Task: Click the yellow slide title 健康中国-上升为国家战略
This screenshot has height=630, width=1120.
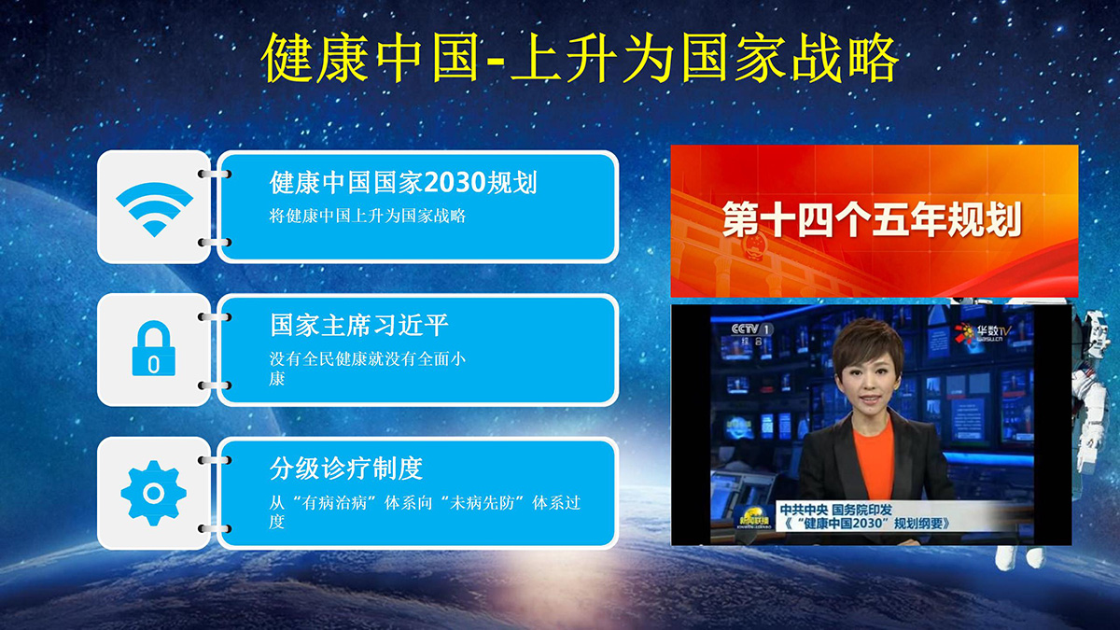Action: point(580,58)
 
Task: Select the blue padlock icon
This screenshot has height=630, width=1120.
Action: point(153,348)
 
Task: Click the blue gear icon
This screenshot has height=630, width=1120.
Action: point(153,493)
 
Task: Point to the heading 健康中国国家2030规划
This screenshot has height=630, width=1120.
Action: point(403,182)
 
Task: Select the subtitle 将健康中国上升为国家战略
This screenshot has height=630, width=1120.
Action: point(368,216)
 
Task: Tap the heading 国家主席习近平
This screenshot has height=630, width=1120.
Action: point(359,325)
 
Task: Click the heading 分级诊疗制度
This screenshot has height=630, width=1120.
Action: point(346,469)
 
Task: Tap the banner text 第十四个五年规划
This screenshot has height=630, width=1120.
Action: point(872,219)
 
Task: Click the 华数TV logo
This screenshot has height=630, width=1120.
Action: point(983,333)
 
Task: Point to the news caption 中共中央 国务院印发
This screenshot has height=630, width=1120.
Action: point(836,510)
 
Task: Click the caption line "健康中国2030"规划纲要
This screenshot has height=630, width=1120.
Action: point(865,524)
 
